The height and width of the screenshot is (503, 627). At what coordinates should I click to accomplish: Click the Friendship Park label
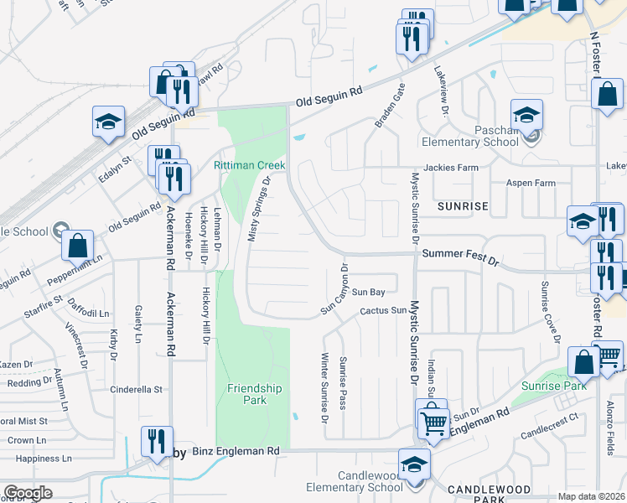pos(255,394)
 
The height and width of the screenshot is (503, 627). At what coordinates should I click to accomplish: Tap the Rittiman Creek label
pos(249,165)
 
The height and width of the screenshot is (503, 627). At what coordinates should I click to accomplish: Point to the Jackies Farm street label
pos(450,168)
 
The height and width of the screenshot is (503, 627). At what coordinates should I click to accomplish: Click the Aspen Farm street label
pos(531,183)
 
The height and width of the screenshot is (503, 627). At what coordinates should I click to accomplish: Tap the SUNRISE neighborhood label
pos(462,205)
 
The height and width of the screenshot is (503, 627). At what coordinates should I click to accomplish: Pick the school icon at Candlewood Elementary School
pos(415,464)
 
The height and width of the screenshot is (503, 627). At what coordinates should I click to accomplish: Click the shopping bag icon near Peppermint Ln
pos(77,246)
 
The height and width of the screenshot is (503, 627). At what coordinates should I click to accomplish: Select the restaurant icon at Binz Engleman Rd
pos(157,441)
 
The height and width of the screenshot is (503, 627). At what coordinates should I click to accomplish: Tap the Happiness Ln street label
pos(44,459)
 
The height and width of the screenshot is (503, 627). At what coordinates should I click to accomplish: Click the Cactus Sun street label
pos(377,311)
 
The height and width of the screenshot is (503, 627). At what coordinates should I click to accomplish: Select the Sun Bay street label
pos(367,293)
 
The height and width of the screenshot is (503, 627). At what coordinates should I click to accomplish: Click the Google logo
pos(28,493)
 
